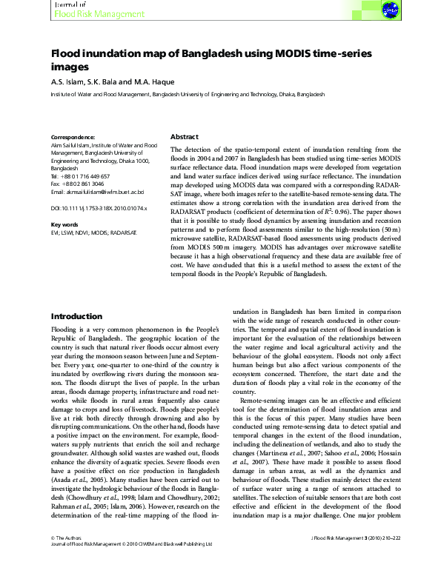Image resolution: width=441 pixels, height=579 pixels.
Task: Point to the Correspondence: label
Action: tap(73, 138)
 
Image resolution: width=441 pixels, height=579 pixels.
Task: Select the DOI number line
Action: tap(99, 210)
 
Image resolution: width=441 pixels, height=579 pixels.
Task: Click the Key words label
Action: tap(64, 224)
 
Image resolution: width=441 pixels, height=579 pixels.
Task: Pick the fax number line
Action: tap(76, 184)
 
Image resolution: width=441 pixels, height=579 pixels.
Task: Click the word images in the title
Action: tap(70, 67)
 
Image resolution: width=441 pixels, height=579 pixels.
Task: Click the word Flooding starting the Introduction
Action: tap(66, 350)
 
